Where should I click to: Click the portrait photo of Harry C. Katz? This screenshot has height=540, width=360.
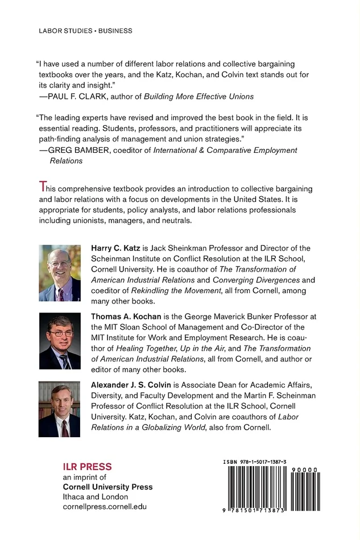pos(60,273)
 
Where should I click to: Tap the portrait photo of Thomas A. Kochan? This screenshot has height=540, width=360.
pos(60,341)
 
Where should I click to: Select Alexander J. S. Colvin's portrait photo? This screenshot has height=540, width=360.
pos(60,409)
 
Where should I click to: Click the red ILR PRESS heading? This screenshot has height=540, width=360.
pos(87,467)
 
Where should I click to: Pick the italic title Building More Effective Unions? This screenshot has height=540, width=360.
pos(191,97)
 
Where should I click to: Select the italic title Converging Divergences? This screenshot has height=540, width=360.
pos(264,280)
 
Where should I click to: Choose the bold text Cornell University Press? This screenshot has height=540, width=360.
pos(107,487)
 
